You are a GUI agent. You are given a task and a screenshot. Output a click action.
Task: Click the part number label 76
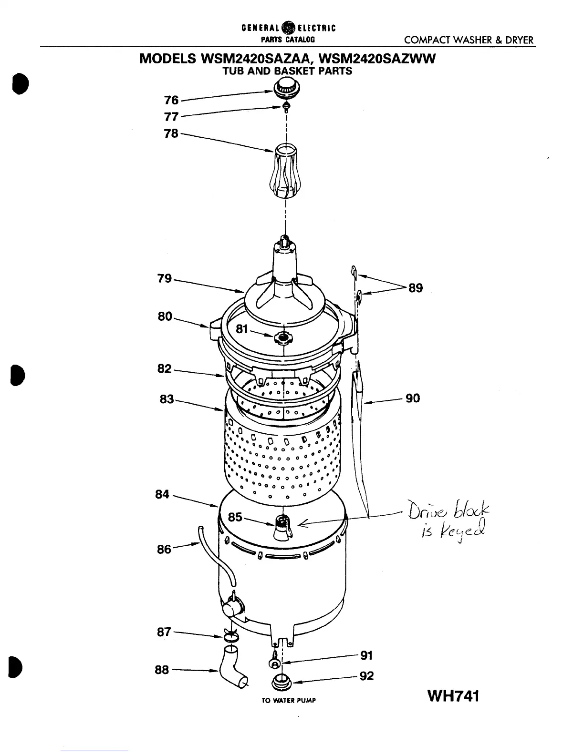click(171, 100)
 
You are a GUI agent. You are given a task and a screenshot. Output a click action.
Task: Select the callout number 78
click(171, 133)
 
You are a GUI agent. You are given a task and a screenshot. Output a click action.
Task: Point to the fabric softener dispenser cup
click(285, 173)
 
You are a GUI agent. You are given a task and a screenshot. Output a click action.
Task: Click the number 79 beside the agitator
click(165, 278)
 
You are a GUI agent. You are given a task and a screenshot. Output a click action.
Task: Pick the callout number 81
click(242, 329)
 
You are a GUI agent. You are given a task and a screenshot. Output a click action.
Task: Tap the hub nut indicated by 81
click(283, 338)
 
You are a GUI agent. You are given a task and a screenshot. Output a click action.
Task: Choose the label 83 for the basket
click(167, 399)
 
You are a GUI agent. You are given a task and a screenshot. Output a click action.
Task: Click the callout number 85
click(235, 517)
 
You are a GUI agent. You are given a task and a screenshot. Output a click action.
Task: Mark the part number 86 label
click(164, 550)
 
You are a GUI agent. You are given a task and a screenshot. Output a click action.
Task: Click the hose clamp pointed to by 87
click(230, 636)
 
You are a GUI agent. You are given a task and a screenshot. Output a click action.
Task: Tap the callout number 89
click(416, 288)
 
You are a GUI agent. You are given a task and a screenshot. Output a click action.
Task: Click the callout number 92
click(366, 676)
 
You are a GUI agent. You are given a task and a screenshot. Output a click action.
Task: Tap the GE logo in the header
click(289, 27)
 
